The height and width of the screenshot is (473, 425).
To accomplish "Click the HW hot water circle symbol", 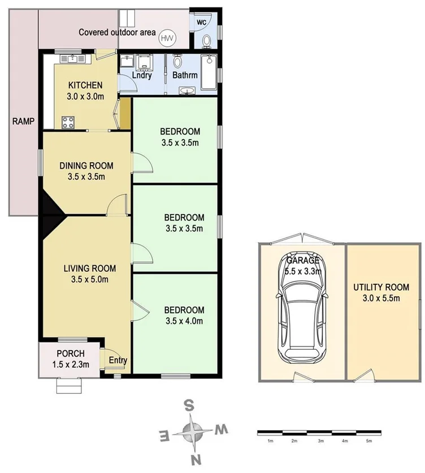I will (x=167, y=38).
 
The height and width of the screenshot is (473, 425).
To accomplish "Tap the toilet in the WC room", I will (x=206, y=41).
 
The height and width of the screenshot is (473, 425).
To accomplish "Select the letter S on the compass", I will (x=191, y=405).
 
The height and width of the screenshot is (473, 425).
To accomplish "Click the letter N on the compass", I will (x=194, y=459).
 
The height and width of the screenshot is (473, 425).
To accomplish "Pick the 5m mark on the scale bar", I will (x=368, y=441).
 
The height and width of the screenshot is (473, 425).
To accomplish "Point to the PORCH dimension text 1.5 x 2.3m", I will (x=71, y=364).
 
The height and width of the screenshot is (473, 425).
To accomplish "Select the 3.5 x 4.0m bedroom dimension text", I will (x=184, y=321).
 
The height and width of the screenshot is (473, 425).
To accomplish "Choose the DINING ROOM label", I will (x=86, y=166).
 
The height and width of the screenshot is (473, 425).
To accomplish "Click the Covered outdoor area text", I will (x=117, y=32).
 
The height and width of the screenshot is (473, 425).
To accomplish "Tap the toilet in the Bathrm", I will (x=179, y=60).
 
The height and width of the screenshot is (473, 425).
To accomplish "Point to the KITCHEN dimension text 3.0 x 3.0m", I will (x=83, y=96).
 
